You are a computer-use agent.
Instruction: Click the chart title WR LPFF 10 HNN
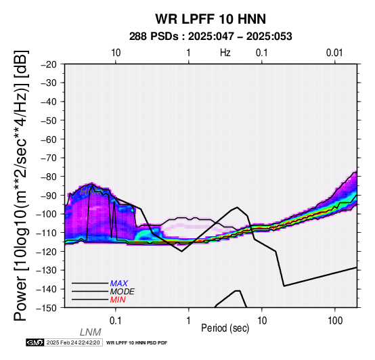click(x=211, y=19)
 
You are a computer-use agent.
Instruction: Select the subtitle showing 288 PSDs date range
click(x=211, y=37)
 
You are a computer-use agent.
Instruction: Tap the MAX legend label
click(x=119, y=284)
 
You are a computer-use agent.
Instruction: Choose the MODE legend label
click(x=123, y=292)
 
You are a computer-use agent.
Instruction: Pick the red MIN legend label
click(x=118, y=300)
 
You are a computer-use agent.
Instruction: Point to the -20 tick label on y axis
click(x=49, y=64)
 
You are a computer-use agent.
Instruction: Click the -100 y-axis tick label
click(x=46, y=214)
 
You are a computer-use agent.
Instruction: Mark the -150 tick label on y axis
click(x=46, y=308)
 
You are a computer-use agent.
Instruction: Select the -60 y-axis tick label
click(x=49, y=139)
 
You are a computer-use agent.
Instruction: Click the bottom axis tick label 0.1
click(x=116, y=321)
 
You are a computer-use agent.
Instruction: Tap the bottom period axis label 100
click(x=335, y=321)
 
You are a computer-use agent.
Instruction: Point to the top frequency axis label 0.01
click(x=334, y=53)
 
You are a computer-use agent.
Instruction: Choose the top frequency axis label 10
click(x=116, y=53)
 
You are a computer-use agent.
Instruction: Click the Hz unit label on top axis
click(x=225, y=53)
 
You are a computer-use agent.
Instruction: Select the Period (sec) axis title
click(x=225, y=328)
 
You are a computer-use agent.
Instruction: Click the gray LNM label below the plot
click(x=91, y=332)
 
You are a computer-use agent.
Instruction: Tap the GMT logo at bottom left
click(x=35, y=342)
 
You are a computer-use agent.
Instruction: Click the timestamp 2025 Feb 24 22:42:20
click(x=73, y=342)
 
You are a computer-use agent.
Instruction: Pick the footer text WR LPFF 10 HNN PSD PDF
click(x=137, y=343)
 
